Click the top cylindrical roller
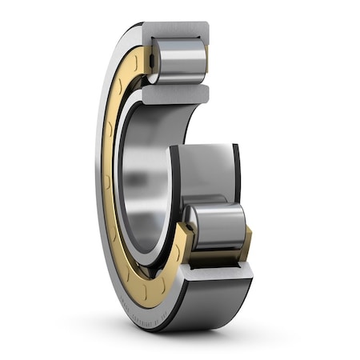pos(178,61)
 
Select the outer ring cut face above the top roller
pos(175,31)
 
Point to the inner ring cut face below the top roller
pos(171,94)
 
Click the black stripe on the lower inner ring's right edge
pos(236,172)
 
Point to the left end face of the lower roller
pos(191,225)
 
